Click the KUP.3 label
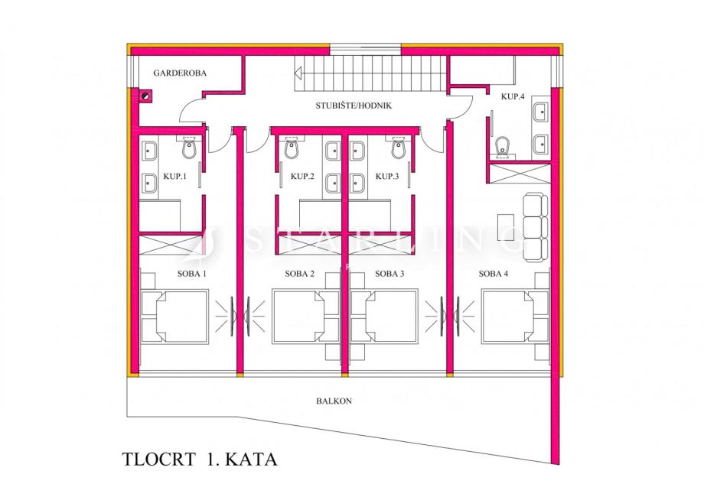tap(387, 176)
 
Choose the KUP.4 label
tap(512, 96)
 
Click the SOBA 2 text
tap(300, 273)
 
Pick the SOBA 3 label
tap(390, 273)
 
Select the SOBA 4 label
tap(494, 273)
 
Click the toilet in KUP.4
tap(503, 145)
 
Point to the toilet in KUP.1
tap(190, 148)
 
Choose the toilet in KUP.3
tap(398, 148)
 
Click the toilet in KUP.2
tap(291, 148)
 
